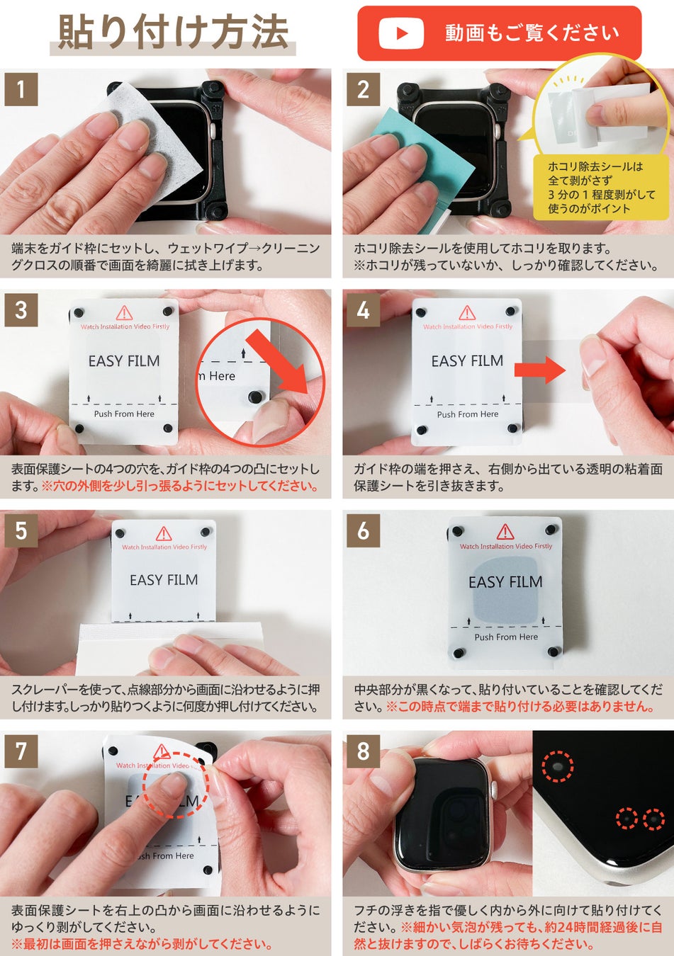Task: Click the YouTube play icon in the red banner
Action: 401,33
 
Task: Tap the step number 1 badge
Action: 21,89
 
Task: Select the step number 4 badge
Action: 363,310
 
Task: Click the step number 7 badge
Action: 21,751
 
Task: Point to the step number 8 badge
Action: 363,751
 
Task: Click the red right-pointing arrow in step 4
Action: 540,370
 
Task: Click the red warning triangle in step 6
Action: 505,532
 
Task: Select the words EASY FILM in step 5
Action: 164,579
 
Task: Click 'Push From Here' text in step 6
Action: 506,637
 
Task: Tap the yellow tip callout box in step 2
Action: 601,187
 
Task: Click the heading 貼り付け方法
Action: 173,32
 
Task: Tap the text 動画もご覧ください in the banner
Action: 532,33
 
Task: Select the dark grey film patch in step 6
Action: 506,590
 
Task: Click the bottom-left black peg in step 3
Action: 79,428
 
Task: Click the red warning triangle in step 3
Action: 124,313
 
